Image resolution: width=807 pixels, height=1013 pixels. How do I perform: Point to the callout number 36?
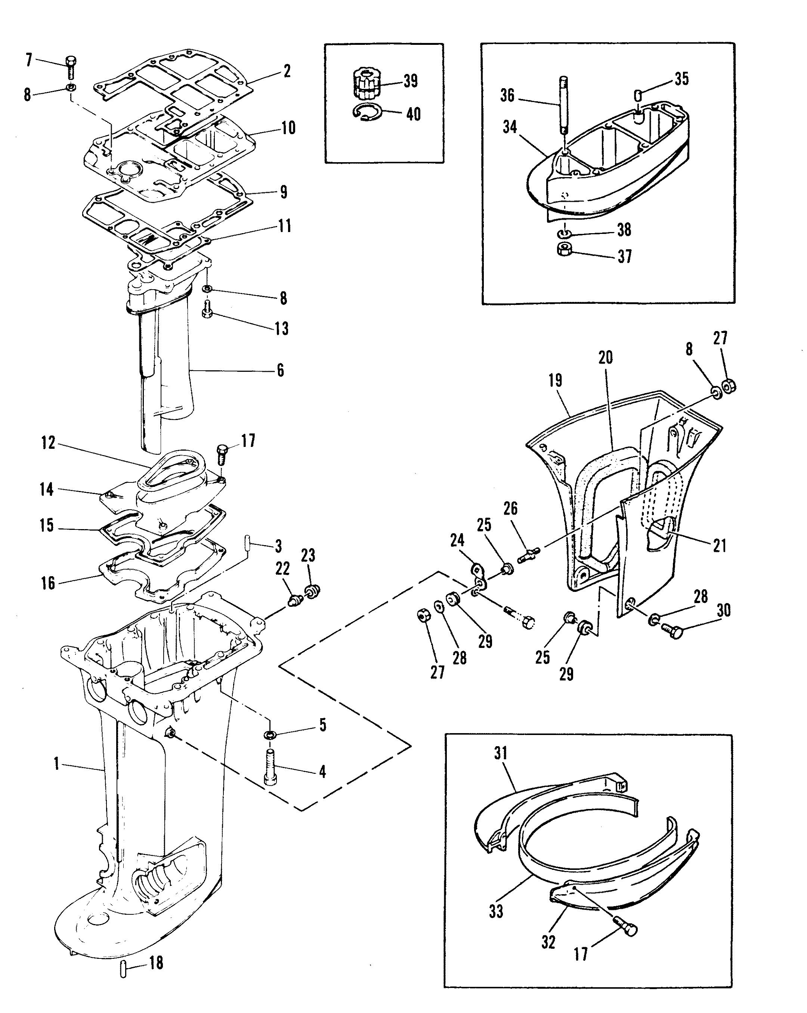507,96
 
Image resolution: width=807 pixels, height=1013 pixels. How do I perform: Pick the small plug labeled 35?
638,95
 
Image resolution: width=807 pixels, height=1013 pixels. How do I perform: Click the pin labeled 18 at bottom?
124,969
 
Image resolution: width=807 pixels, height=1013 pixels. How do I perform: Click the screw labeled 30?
672,630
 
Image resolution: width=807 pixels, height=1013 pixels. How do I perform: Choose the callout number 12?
48,442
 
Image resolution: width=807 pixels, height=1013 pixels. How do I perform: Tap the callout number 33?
496,911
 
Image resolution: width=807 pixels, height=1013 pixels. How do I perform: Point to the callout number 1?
56,764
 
